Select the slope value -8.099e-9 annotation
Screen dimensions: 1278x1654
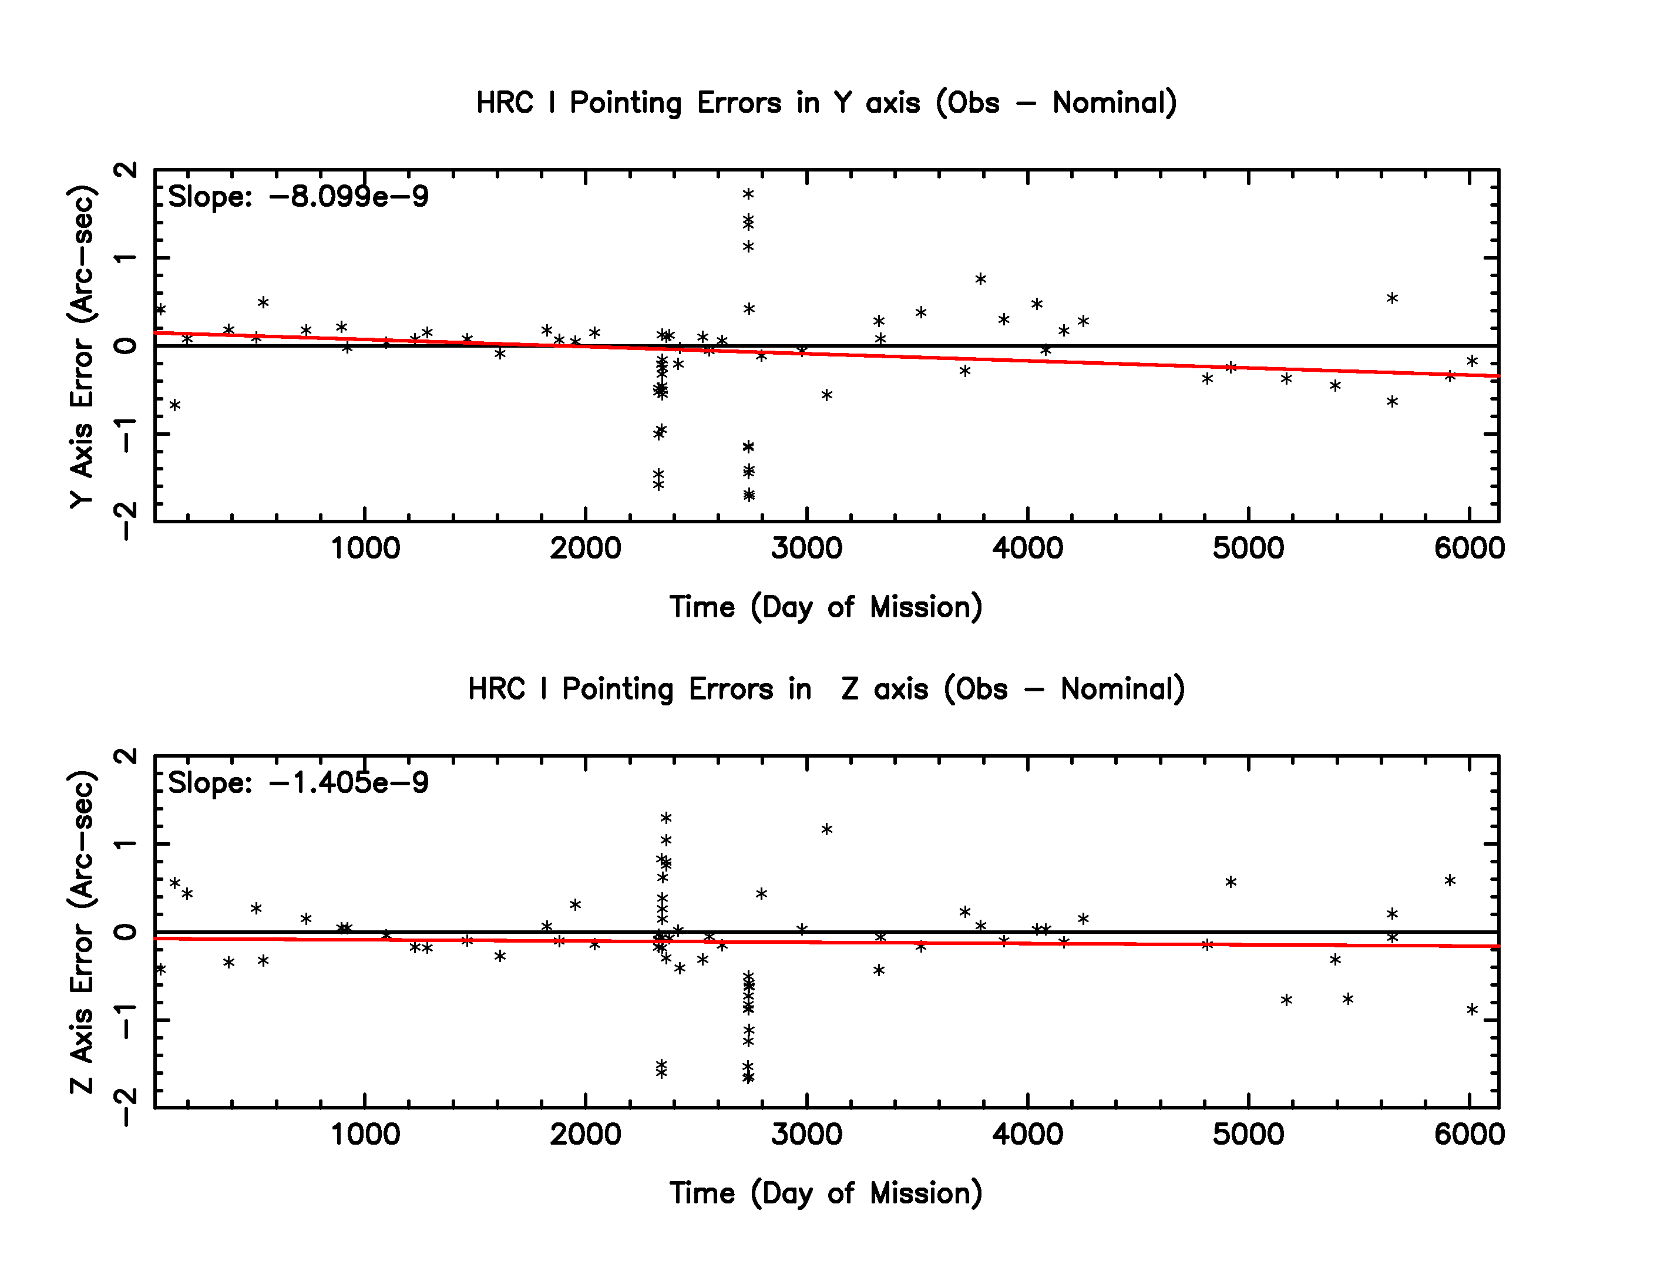tap(298, 197)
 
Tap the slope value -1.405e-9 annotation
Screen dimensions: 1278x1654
tap(298, 783)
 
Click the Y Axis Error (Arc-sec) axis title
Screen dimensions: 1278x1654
tap(82, 346)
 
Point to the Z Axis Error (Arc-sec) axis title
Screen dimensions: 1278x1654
tap(82, 932)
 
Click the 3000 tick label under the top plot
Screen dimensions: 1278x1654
tap(806, 548)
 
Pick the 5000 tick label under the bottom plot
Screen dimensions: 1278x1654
tap(1248, 1134)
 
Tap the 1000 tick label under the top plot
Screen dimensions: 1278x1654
tap(365, 548)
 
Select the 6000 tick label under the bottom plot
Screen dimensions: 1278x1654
tap(1469, 1134)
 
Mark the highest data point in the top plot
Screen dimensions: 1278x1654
tap(748, 194)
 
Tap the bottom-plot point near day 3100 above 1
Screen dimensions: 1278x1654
tap(827, 830)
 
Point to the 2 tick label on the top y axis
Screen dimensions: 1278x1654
tap(126, 170)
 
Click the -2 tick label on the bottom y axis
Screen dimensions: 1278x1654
tap(126, 1108)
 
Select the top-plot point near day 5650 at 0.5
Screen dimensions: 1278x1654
tap(1392, 298)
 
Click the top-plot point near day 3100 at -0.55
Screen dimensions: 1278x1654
tap(827, 395)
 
